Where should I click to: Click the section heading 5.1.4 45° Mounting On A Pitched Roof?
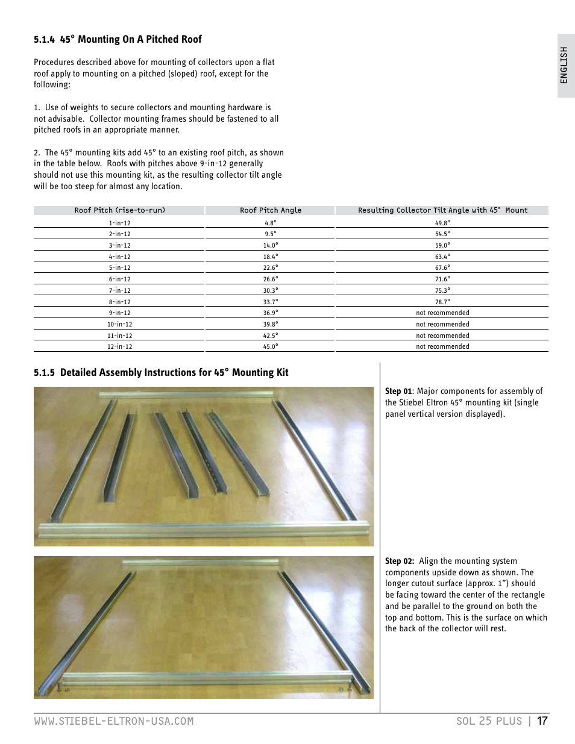(x=118, y=39)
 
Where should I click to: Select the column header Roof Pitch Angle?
(x=270, y=210)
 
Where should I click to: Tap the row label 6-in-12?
(x=119, y=279)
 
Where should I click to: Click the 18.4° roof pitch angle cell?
(x=270, y=257)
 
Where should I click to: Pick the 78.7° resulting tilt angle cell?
(x=442, y=302)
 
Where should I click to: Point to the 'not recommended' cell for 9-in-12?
(x=442, y=313)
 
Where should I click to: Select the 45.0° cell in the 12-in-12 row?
(x=270, y=346)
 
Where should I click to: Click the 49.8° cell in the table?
(x=442, y=223)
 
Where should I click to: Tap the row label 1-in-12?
(x=119, y=223)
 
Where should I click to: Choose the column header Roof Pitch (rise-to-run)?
(x=119, y=210)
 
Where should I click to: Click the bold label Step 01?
(x=398, y=392)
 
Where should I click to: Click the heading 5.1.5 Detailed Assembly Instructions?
(x=161, y=372)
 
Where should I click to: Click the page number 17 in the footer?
(x=542, y=721)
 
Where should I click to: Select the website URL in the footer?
(x=114, y=721)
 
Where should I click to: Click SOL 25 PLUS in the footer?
(x=489, y=721)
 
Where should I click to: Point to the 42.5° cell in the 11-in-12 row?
(x=270, y=336)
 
